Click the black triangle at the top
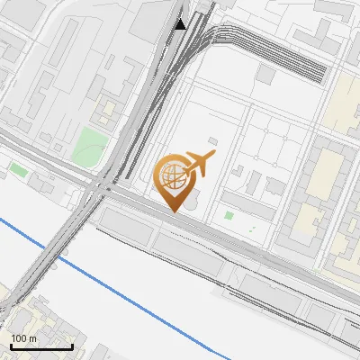tap(181, 24)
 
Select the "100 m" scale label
tap(24, 337)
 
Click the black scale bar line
tap(41, 347)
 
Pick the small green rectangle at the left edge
tap(18, 169)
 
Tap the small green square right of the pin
tap(229, 215)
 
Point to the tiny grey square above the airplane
tap(212, 140)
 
